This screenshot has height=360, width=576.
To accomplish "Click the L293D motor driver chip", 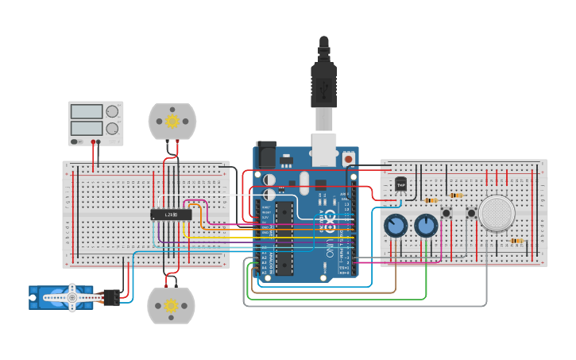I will pos(171,215).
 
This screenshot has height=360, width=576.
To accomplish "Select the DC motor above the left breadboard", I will pos(172,121).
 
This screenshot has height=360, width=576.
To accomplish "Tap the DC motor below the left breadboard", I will pos(171,305).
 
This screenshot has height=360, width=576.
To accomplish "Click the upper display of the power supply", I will pos(87,112).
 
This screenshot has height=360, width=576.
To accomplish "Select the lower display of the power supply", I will pos(87,128).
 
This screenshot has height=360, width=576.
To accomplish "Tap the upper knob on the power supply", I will pos(113,112).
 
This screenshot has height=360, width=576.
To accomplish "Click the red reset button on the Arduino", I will pos(348,159).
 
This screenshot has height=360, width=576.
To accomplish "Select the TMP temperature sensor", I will pos(401,184).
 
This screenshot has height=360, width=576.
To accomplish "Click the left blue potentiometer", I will pos(395,226).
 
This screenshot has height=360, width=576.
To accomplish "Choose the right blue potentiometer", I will pos(426,226).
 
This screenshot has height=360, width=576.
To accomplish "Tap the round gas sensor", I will pos(497,213).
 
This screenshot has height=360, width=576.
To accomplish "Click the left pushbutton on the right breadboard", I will pos(446,213).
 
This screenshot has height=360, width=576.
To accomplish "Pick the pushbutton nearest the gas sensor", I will pos(471,213).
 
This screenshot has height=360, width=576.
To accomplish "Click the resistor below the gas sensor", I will pos(516,241).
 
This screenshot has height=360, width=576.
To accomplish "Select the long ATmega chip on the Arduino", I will pos(284,238).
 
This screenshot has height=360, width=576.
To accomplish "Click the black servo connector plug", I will pos(110,297).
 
